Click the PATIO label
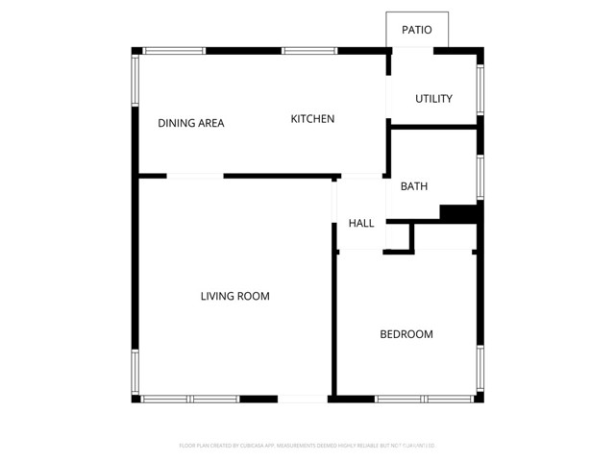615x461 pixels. (x=416, y=30)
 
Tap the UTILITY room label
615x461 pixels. (x=433, y=99)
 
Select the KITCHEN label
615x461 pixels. (x=312, y=119)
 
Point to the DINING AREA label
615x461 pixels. (x=191, y=123)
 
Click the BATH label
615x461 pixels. (x=414, y=186)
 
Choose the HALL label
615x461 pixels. (x=361, y=224)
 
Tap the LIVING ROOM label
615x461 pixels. (x=234, y=297)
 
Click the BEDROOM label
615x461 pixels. (x=406, y=334)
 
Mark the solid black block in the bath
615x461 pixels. (x=459, y=212)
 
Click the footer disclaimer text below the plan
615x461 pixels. (x=307, y=446)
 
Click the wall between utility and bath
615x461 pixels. (x=434, y=125)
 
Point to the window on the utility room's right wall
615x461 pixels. (x=480, y=88)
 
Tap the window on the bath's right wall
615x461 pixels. (x=480, y=178)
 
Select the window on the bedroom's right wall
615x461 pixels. (x=480, y=370)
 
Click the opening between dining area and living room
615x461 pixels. (x=195, y=176)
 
